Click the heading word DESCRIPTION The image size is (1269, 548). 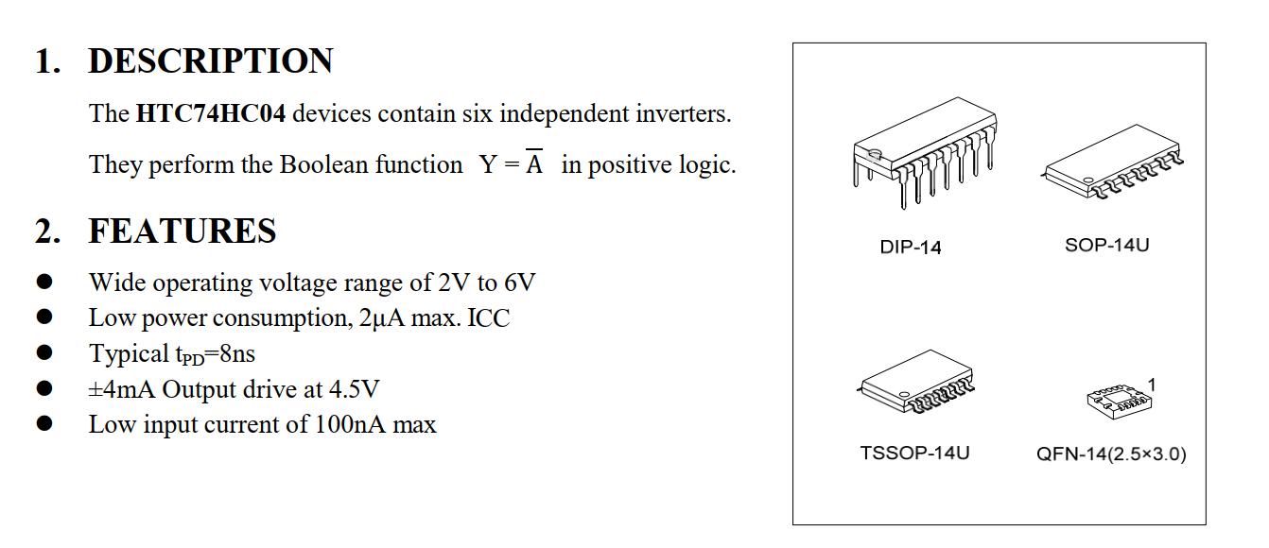point(210,61)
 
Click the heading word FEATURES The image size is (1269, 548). point(183,231)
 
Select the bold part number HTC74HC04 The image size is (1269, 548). point(211,114)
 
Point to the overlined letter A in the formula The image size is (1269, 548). point(535,164)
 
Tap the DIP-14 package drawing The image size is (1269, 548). point(924,151)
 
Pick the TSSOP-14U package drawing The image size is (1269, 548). point(917,382)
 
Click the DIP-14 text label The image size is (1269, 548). point(910,248)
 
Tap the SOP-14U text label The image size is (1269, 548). point(1106,246)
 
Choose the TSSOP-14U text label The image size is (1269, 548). point(914,453)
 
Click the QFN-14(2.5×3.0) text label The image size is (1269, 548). point(1111,454)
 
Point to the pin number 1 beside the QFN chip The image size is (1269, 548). point(1152,384)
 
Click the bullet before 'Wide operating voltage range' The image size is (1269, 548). point(44,283)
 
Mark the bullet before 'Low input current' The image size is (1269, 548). point(44,424)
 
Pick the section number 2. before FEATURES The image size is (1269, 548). point(47,231)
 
